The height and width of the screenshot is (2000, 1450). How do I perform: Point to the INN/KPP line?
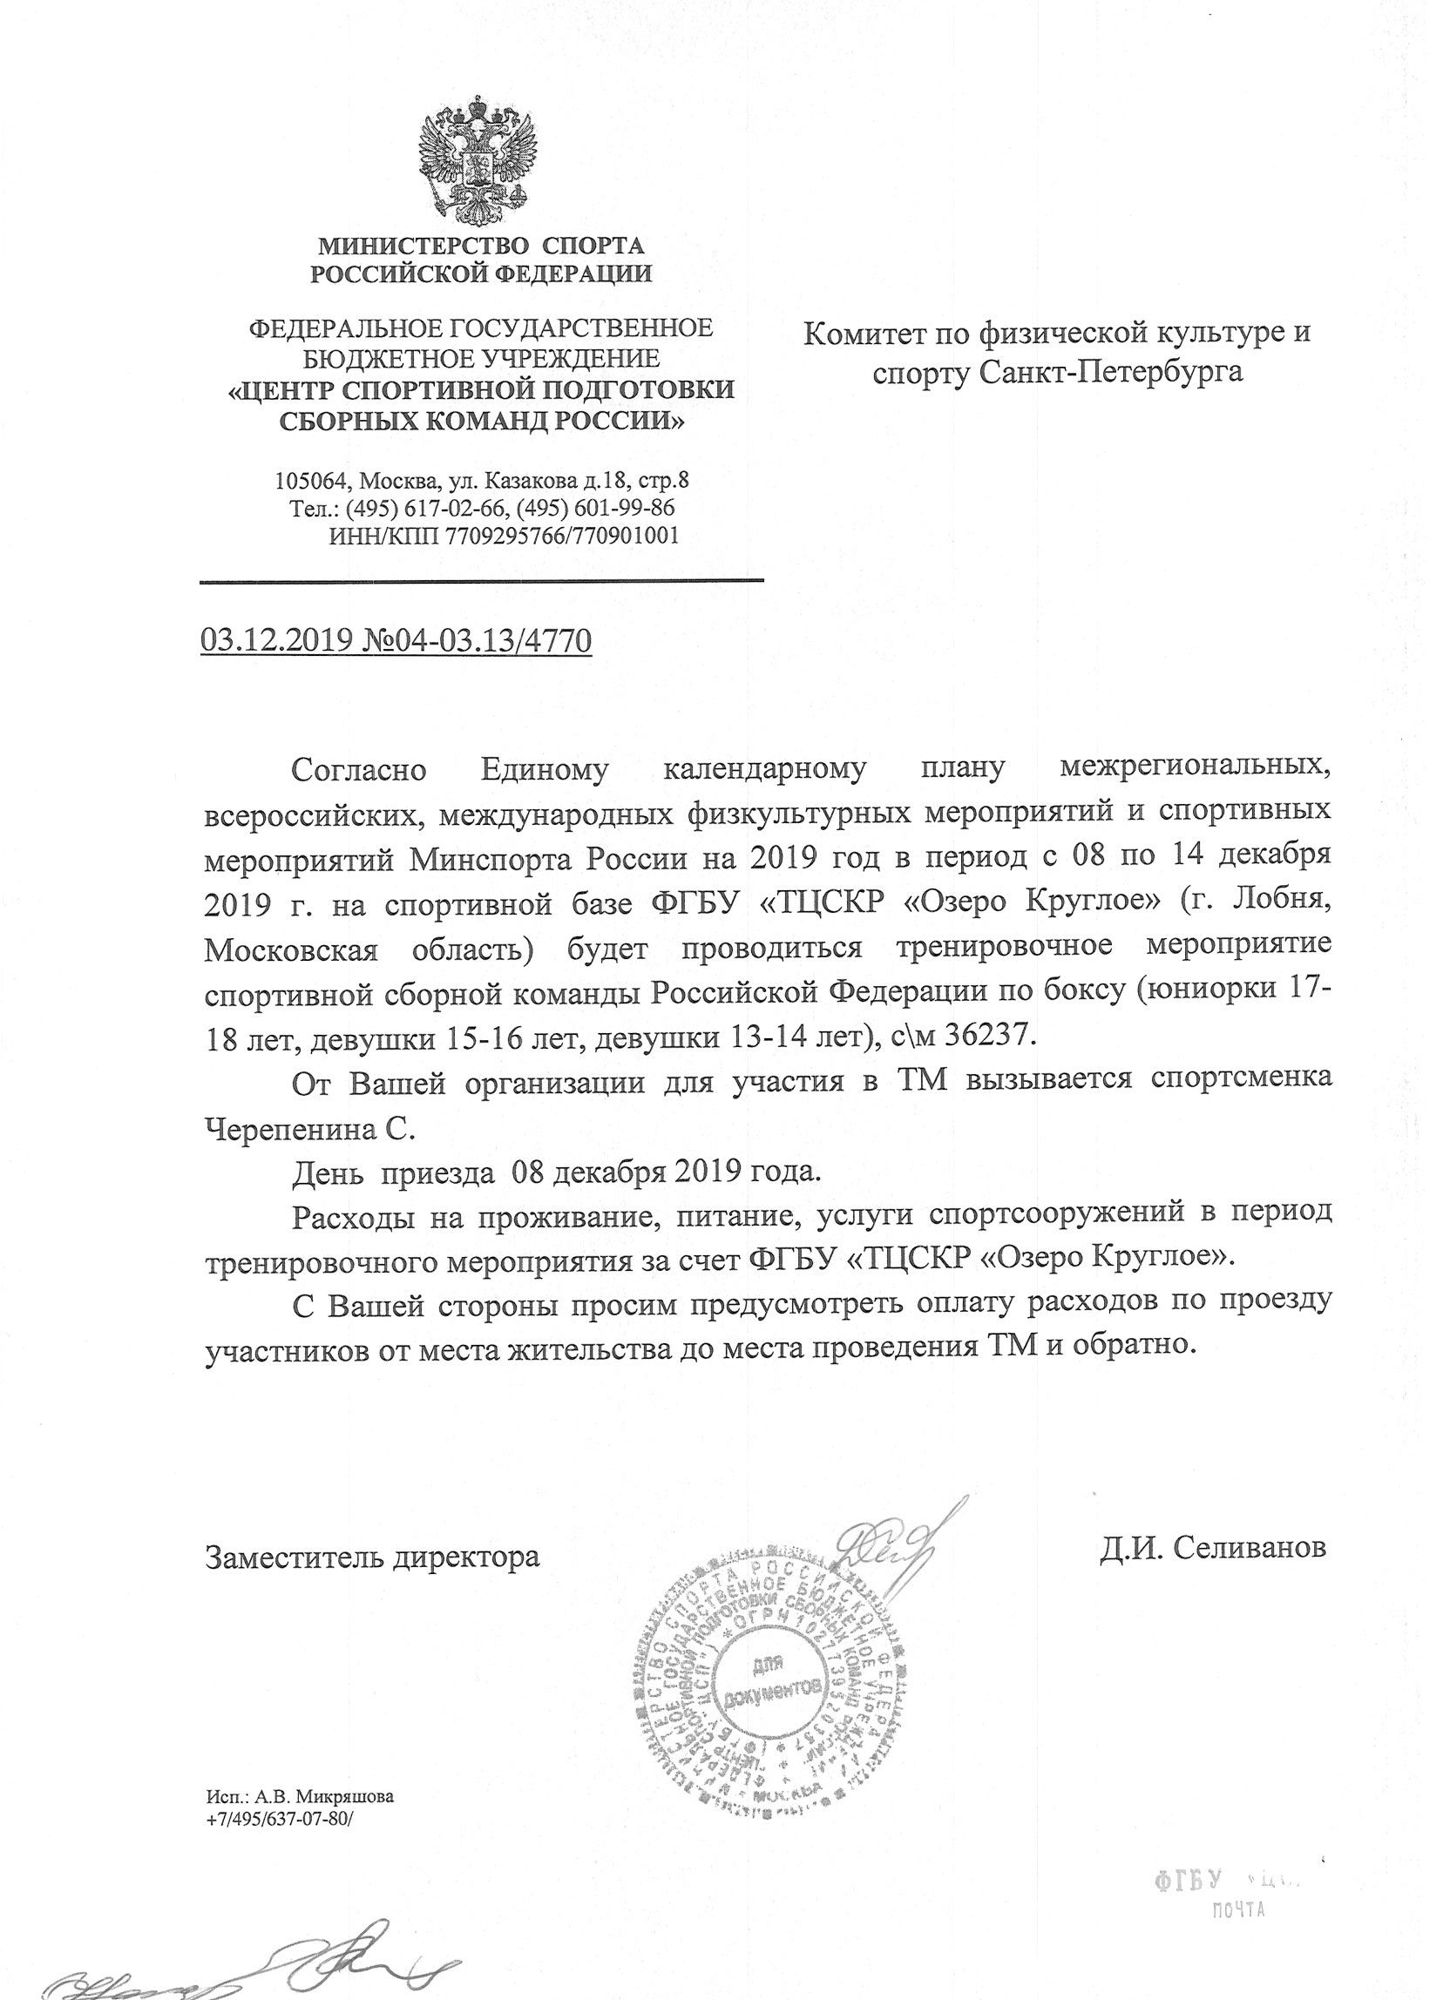pyautogui.click(x=503, y=535)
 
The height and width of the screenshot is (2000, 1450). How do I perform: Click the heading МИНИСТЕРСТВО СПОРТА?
pyautogui.click(x=481, y=245)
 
